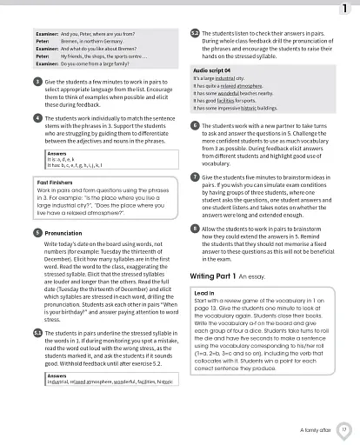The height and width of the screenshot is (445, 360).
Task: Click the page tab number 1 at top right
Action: pos(345,9)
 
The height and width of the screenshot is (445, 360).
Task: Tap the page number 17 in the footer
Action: pos(344,429)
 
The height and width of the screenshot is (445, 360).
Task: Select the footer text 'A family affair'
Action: pos(314,429)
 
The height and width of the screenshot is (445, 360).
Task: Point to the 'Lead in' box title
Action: pos(203,294)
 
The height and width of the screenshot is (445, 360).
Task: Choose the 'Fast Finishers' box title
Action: pos(55,182)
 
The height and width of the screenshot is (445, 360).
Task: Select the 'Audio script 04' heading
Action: pos(211,69)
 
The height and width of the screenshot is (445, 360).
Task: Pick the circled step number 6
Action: pos(194,125)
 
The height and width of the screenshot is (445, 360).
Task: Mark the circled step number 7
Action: pos(194,177)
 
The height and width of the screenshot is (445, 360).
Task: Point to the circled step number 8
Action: pos(194,228)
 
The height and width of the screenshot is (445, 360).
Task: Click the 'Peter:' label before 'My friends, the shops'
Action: pos(43,56)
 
